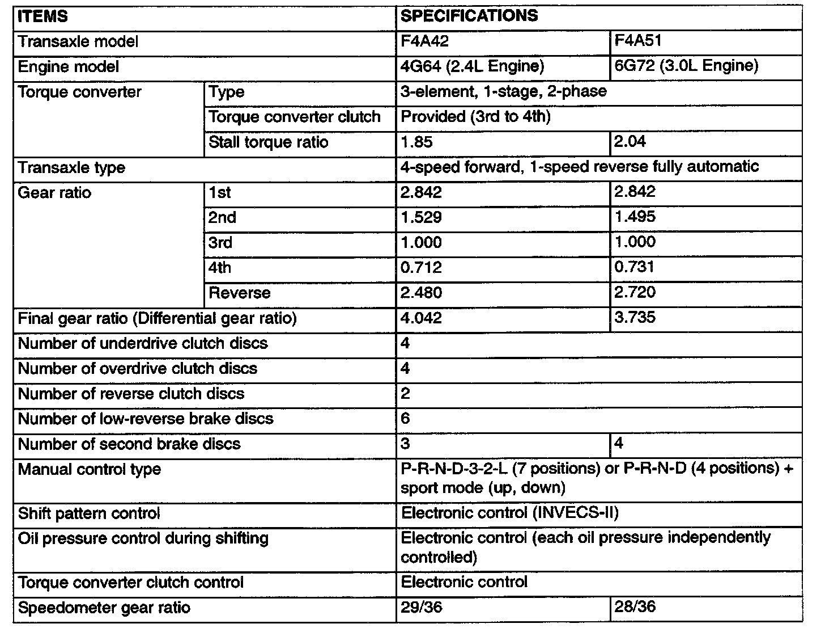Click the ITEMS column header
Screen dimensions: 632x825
43,16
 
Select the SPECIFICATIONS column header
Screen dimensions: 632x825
469,16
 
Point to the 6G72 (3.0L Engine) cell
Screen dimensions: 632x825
686,66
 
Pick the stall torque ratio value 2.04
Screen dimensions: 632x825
630,141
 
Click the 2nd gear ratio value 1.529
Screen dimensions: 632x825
421,217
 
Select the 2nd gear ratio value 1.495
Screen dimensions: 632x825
635,217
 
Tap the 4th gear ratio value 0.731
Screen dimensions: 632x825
635,267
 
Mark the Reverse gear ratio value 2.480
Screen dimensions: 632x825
421,293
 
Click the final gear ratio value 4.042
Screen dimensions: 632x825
421,318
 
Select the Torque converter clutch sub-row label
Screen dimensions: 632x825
295,117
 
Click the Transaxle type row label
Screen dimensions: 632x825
72,168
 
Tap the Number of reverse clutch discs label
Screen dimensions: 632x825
131,394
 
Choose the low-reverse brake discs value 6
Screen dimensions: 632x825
405,419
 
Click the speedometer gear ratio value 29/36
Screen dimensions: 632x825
421,608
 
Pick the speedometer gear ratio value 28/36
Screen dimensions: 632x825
635,607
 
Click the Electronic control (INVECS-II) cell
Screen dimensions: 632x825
510,513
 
